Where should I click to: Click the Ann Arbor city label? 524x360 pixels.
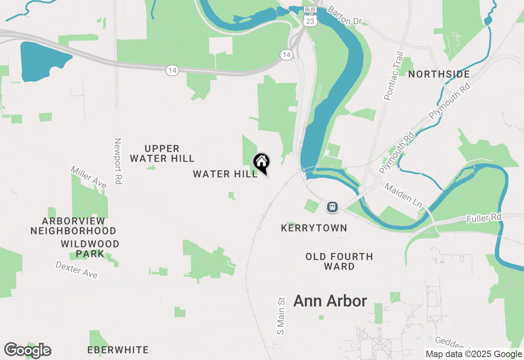330,301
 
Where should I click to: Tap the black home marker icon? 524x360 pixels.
261,162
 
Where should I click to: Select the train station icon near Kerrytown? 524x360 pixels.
332,207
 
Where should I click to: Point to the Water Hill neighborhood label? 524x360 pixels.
225,174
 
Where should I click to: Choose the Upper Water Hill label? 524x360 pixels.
162,153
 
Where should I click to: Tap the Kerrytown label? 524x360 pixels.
314,228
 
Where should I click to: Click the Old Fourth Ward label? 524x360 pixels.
339,261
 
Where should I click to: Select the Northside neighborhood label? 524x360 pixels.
439,74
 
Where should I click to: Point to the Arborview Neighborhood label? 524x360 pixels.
73,226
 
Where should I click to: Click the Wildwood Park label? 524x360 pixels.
90,249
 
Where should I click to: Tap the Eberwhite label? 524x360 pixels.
118,350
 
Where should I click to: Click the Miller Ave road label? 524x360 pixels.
88,177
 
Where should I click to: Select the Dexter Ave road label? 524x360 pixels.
77,270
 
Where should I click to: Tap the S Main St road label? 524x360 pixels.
280,315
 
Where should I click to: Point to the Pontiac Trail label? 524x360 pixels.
394,76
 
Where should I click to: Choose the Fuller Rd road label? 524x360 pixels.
484,218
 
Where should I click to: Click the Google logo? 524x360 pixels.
28,350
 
